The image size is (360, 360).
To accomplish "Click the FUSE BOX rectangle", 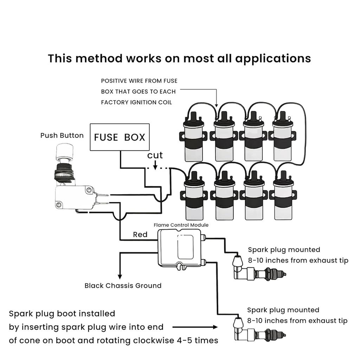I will (120, 137).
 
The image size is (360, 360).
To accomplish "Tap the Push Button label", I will (62, 135).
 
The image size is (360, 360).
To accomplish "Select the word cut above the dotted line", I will (155, 155).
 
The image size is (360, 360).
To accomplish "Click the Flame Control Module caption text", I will (181, 225).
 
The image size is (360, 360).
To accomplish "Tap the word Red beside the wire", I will (140, 234).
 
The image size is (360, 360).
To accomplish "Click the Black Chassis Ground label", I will (123, 285).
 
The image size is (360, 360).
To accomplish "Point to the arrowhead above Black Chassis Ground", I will (120, 276).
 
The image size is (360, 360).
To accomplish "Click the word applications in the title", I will (273, 58).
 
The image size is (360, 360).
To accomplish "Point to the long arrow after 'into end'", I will (195, 327).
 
